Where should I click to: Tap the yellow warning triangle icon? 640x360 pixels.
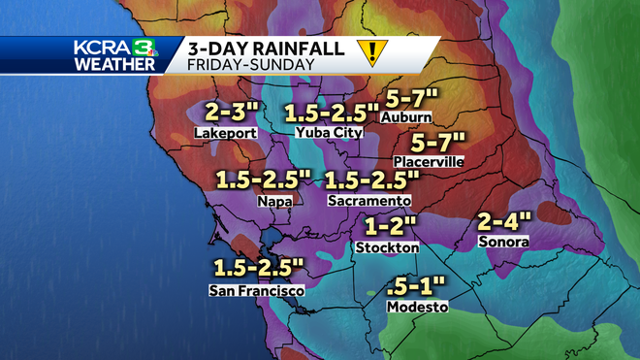[369, 51]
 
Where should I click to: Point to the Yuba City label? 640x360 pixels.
[330, 132]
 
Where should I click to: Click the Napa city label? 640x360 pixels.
[274, 201]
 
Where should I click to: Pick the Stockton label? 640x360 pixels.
[387, 247]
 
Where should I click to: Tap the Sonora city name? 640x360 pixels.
[504, 241]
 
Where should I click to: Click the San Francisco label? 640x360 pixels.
[257, 290]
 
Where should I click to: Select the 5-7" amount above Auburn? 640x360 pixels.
[412, 98]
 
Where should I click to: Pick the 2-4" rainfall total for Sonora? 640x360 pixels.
[504, 221]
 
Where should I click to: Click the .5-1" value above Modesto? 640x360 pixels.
[414, 286]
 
